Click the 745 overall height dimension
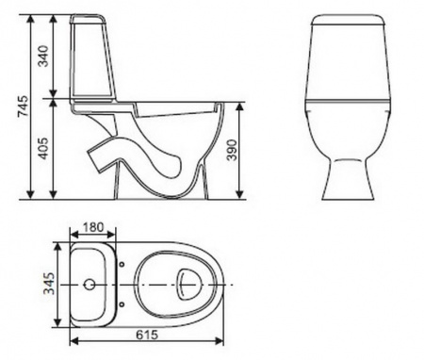[x=23, y=106]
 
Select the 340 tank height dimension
[x=43, y=57]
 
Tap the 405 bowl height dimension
[x=43, y=148]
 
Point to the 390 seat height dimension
[x=232, y=150]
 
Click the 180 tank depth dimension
[x=92, y=227]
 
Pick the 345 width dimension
[x=49, y=284]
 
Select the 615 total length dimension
[x=147, y=335]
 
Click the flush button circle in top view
[x=90, y=285]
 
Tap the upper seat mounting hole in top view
[x=122, y=264]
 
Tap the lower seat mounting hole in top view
[x=122, y=304]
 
